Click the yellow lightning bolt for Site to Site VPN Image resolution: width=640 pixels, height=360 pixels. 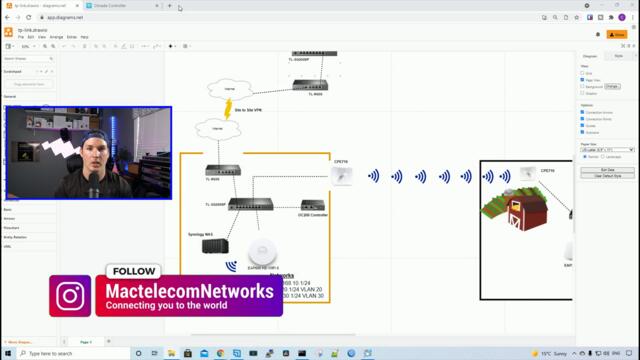[x=228, y=107]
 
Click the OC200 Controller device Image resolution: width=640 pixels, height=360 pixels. [x=313, y=205]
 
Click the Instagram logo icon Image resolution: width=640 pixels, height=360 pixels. [x=71, y=296]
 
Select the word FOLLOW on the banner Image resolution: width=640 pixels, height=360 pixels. [x=134, y=271]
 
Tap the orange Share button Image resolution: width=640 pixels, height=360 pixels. [x=617, y=34]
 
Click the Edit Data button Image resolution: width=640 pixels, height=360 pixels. [x=606, y=170]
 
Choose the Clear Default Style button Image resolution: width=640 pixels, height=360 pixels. [x=606, y=176]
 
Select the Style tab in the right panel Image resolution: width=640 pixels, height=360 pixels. [x=618, y=56]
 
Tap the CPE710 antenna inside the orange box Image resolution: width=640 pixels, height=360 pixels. [x=343, y=176]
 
